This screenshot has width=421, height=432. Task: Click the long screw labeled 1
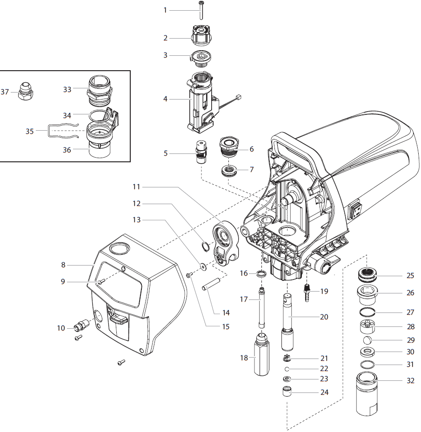(x=200, y=10)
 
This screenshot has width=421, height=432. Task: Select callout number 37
(x=5, y=92)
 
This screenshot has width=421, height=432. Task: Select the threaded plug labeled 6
(x=230, y=146)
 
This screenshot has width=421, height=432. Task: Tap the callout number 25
(x=410, y=275)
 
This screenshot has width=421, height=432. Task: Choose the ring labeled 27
(x=368, y=312)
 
